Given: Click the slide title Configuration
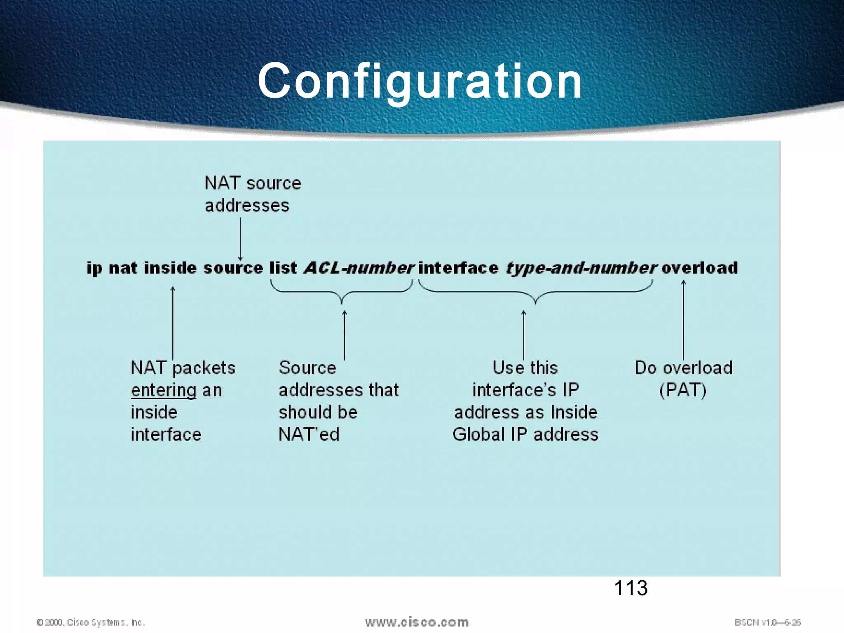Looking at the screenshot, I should coord(420,81).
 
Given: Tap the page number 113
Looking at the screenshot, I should coord(631,588).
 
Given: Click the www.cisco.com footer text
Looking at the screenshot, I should coord(417,622).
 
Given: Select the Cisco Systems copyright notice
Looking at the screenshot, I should coord(91,622).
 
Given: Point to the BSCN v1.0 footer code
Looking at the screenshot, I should coord(767,622).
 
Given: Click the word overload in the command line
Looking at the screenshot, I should coord(699,268).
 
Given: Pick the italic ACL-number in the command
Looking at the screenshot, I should coord(359,268).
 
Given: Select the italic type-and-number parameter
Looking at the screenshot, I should coord(581,268).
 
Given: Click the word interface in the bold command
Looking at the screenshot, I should coord(458,268).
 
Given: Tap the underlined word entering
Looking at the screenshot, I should coord(164,390).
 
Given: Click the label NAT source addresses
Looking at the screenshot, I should coord(253,194).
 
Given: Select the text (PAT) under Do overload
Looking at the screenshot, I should coord(683,390).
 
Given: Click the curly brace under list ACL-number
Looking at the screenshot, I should coord(342,293).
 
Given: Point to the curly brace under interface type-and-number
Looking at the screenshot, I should coord(535,293).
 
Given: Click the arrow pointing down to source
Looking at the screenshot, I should coord(240,239).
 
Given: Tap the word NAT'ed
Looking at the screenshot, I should coord(309,434).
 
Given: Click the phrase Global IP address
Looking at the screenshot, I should coord(525,434).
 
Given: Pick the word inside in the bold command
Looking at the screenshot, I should coord(170,268).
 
